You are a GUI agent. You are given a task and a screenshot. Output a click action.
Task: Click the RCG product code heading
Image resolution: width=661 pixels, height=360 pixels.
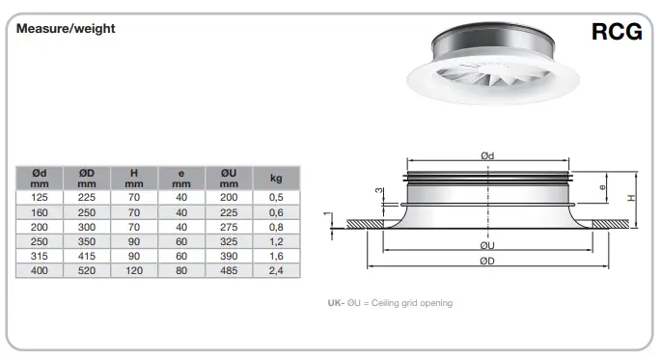[x=616, y=32]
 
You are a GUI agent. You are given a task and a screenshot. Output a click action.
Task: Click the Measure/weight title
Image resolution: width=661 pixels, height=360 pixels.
[x=66, y=29]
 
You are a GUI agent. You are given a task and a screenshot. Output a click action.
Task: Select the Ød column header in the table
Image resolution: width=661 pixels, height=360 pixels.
[x=40, y=178]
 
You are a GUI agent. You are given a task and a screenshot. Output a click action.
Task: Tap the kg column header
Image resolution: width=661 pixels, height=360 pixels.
[x=275, y=178]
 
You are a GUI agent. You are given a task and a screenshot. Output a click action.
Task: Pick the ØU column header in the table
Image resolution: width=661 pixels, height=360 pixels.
[x=228, y=178]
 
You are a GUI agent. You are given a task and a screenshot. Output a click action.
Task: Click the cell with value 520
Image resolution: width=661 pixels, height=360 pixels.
[x=87, y=271]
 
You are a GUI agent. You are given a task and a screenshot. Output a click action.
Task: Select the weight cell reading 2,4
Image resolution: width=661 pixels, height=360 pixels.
[x=275, y=271]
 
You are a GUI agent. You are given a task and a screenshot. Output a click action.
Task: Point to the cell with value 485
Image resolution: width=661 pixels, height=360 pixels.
[x=228, y=271]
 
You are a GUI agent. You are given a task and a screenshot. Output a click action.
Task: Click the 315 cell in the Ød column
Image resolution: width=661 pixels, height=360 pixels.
[x=40, y=256]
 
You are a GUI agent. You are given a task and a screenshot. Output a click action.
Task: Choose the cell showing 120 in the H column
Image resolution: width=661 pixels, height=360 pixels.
[x=134, y=271]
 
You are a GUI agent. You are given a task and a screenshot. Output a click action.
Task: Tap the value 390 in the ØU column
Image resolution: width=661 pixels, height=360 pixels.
[x=228, y=256]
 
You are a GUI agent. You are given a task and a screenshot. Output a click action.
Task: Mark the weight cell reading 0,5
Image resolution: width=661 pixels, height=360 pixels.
[x=275, y=196]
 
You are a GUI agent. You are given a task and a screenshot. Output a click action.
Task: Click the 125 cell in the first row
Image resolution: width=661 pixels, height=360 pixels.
[x=40, y=196]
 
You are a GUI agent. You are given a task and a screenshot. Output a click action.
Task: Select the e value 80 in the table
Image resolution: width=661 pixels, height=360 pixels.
[x=181, y=271]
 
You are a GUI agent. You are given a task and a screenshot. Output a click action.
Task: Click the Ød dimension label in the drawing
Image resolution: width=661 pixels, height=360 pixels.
[x=488, y=155]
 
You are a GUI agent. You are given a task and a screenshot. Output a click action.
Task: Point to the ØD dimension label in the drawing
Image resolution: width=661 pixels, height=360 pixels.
[x=488, y=261]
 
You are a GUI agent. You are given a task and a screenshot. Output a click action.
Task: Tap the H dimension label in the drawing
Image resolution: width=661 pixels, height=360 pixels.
[x=630, y=197]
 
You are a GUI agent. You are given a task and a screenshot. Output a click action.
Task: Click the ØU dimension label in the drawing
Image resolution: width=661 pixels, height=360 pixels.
[x=488, y=245]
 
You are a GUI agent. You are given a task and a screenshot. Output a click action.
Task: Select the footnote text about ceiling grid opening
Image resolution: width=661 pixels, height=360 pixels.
[x=390, y=303]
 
